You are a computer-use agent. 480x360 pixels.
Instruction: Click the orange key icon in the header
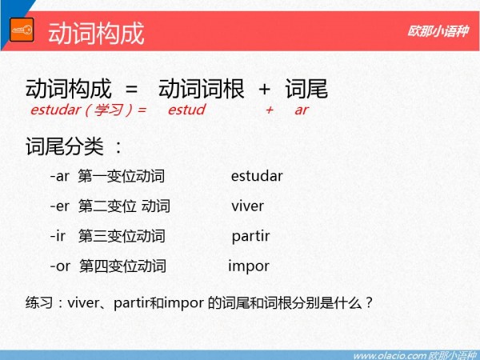22,30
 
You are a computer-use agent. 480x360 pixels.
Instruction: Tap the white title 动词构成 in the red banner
96,34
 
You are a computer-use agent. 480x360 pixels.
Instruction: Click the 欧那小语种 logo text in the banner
438,31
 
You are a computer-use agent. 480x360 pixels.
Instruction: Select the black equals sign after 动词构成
132,90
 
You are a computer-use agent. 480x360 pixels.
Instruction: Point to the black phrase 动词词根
201,89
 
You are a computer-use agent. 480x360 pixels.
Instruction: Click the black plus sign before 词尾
265,90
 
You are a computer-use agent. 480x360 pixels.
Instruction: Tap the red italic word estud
186,110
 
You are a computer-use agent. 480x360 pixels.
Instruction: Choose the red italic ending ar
302,110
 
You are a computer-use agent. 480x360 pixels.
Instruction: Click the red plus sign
270,110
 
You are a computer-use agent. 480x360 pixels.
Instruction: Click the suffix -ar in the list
60,176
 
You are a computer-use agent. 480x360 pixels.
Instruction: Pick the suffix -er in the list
60,206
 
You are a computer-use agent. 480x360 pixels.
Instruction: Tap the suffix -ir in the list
58,236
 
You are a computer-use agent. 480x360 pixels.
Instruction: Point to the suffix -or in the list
60,266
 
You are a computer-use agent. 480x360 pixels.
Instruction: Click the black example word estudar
257,176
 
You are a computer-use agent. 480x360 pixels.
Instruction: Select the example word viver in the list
248,206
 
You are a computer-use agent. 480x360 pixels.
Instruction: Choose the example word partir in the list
250,237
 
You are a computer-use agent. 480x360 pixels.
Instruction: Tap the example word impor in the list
249,266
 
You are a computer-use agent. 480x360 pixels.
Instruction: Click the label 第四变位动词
122,266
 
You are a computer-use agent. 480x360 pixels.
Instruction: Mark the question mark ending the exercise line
369,302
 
